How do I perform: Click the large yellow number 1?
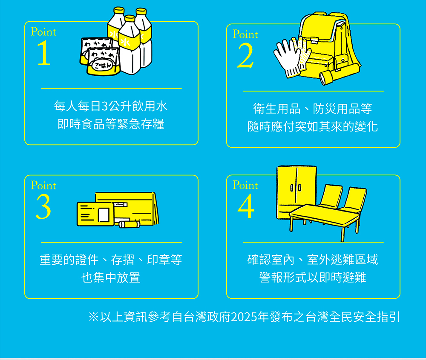44,53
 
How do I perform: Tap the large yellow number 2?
245,56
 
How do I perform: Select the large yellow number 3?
43,207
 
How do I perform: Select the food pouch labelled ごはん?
104,61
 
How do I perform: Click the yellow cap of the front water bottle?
130,18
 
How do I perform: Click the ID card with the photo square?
95,214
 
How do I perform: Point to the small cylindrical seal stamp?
130,224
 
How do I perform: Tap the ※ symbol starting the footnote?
93,317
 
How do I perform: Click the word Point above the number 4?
245,185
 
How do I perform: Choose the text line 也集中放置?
111,277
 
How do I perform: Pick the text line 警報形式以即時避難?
313,277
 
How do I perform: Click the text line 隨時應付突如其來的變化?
313,126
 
